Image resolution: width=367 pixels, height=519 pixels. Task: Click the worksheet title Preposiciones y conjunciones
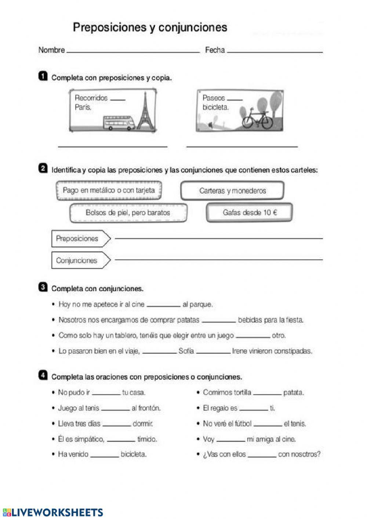pos(150,28)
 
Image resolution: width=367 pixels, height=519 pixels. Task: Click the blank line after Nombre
pos(133,51)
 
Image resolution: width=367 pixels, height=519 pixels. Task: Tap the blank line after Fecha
pos(275,51)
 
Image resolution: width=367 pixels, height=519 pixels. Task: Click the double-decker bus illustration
pos(119,123)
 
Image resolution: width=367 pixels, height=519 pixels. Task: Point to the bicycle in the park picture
pos(257,118)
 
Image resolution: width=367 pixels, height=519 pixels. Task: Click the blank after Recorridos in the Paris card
pos(117,99)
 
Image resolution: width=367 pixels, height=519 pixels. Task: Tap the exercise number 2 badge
pos(43,169)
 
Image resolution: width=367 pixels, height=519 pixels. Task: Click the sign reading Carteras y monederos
pos(232,191)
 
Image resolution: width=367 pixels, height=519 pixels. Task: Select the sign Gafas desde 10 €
pos(249,212)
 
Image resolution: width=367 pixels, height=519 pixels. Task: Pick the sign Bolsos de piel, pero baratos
pos(128,213)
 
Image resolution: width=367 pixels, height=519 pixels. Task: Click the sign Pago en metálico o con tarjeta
pos(109,190)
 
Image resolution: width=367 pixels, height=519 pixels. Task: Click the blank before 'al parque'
pos(163,305)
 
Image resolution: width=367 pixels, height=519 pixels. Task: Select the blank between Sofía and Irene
pos(213,352)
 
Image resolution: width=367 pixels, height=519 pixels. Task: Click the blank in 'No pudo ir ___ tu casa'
pos(106,394)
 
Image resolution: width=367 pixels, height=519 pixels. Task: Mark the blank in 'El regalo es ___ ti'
pos(253,409)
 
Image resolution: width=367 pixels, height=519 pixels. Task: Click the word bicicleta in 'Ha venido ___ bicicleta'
pos(134,454)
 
